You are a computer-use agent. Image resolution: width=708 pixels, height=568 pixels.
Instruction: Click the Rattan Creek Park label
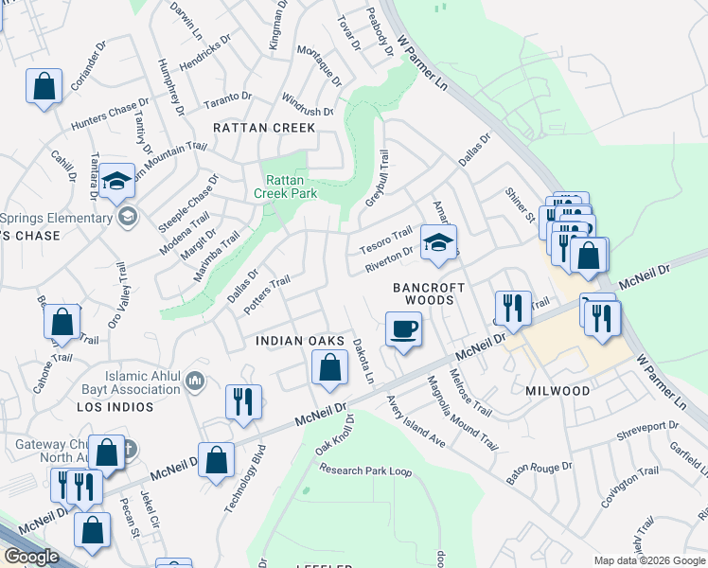285,186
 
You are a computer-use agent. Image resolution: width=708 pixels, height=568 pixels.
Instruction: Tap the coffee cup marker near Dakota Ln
403,329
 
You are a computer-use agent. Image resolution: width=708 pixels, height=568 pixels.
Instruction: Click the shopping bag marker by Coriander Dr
44,87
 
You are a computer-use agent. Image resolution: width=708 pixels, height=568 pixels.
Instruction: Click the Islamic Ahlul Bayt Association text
143,382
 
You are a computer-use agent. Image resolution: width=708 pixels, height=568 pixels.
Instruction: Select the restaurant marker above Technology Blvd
243,401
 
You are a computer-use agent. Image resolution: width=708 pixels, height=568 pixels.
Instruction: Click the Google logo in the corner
31,557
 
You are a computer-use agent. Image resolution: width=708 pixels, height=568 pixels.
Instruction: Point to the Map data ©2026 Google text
648,560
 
